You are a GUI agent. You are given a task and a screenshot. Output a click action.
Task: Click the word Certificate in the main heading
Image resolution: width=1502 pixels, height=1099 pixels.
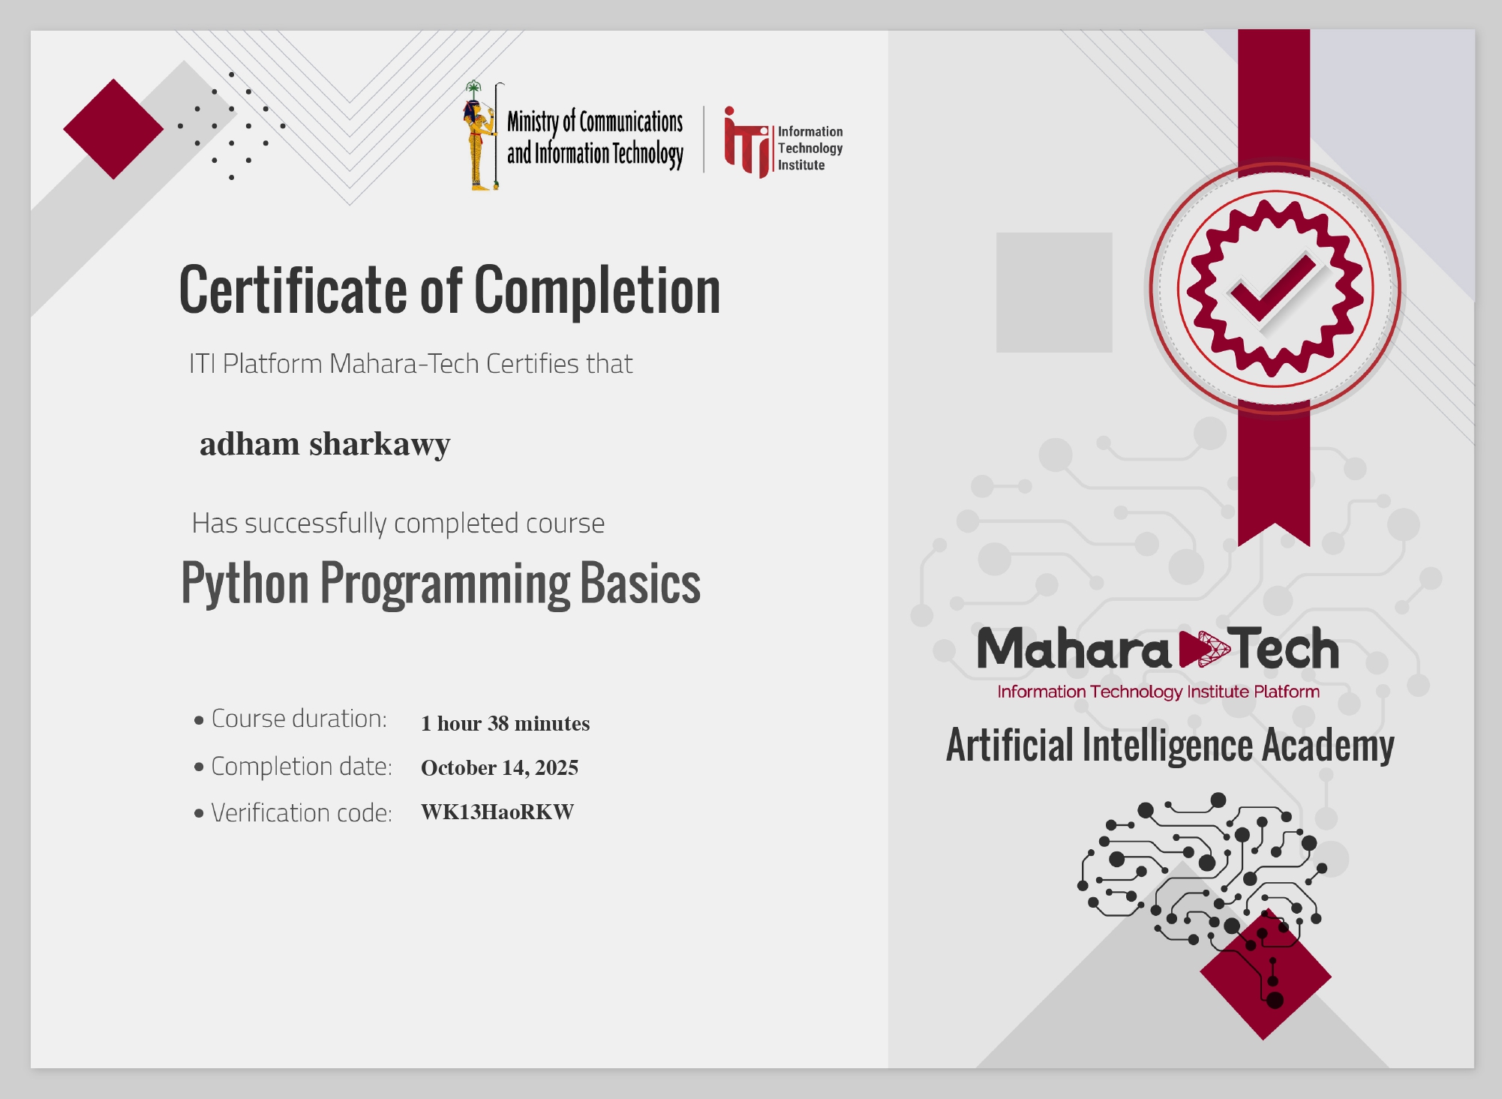click(x=293, y=291)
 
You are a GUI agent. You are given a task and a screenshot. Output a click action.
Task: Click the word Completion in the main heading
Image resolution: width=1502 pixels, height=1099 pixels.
click(x=597, y=291)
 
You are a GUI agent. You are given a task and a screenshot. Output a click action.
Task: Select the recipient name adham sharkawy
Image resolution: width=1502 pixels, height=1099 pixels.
click(x=325, y=444)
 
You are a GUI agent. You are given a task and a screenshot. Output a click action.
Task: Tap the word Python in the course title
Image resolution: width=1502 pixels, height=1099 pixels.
click(x=245, y=584)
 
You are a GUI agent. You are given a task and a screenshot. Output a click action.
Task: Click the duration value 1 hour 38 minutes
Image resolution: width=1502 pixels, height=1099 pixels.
click(x=505, y=723)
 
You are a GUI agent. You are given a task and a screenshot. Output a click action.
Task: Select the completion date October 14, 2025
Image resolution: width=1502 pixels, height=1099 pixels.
click(x=500, y=767)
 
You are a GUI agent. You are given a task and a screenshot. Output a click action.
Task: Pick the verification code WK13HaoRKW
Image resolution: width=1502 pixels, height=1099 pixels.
click(x=497, y=812)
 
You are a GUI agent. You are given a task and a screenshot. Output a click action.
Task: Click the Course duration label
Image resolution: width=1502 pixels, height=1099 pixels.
click(x=299, y=719)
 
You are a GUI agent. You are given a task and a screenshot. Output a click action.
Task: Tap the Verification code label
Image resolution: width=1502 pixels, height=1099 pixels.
click(x=302, y=812)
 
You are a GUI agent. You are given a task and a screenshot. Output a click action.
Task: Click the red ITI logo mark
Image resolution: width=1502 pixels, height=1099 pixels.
click(x=746, y=143)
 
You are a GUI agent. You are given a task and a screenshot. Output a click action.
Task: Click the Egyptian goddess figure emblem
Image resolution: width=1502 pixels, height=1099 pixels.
click(x=479, y=137)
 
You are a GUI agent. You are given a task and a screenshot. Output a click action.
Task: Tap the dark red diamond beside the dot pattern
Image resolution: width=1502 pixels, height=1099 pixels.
click(x=113, y=129)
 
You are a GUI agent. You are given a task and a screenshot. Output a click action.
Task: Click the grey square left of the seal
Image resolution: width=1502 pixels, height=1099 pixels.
click(x=1053, y=293)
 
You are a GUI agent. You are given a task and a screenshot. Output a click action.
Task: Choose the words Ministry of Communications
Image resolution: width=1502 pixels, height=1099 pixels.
click(x=595, y=122)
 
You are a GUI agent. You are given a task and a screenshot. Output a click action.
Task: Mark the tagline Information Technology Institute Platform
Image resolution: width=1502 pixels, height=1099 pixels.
click(x=1158, y=692)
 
